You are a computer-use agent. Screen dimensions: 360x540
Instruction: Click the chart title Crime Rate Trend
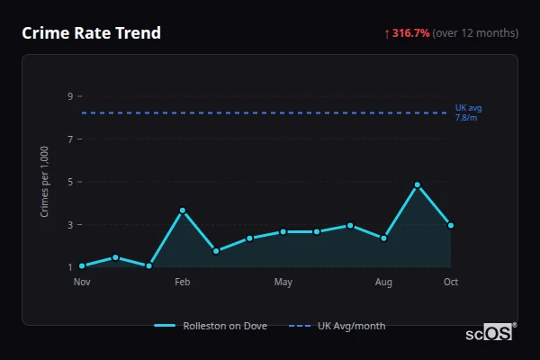(91, 33)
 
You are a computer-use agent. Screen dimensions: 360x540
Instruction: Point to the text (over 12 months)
(475, 33)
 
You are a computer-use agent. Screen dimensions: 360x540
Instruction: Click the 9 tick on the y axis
(69, 96)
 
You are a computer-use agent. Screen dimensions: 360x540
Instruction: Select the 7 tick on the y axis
(69, 139)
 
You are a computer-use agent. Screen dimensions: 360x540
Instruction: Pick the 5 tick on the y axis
(69, 182)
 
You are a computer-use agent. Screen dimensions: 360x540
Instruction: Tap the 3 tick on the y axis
(69, 225)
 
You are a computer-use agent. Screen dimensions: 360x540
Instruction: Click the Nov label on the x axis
(82, 283)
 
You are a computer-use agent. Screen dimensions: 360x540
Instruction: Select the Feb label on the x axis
(182, 283)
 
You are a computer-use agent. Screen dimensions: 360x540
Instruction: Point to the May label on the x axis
(283, 283)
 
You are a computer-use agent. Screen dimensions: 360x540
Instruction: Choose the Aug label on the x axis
(383, 283)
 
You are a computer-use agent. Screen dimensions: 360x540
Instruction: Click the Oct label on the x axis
(451, 283)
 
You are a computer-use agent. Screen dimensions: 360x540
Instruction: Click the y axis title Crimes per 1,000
(45, 182)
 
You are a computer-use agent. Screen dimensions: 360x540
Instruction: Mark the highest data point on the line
(418, 184)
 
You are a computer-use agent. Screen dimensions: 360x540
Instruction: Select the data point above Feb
(182, 211)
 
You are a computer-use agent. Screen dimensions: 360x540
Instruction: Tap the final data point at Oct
(451, 225)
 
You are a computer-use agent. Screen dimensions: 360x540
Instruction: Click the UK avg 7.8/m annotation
(468, 112)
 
